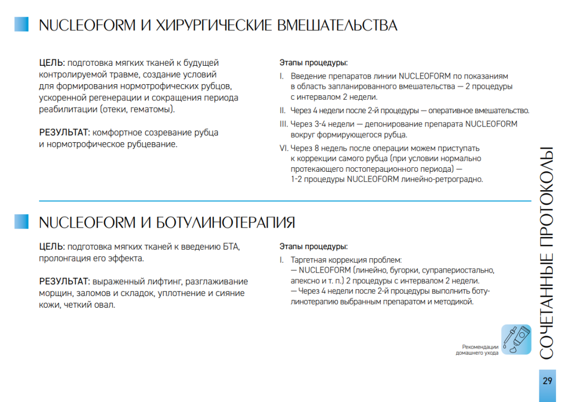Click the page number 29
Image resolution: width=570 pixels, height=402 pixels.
point(547,381)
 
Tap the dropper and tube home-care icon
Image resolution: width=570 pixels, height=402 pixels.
point(515,339)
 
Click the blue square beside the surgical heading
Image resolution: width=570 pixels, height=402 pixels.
point(21,24)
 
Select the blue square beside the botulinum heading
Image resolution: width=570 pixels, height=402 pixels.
point(21,221)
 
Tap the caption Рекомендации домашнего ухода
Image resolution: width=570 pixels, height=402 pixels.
point(477,350)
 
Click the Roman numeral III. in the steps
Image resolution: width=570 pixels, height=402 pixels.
point(283,124)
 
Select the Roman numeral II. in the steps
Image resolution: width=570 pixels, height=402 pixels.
point(282,110)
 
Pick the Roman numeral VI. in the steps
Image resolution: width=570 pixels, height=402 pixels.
point(284,148)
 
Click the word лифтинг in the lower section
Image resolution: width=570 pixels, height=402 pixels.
point(165,282)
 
